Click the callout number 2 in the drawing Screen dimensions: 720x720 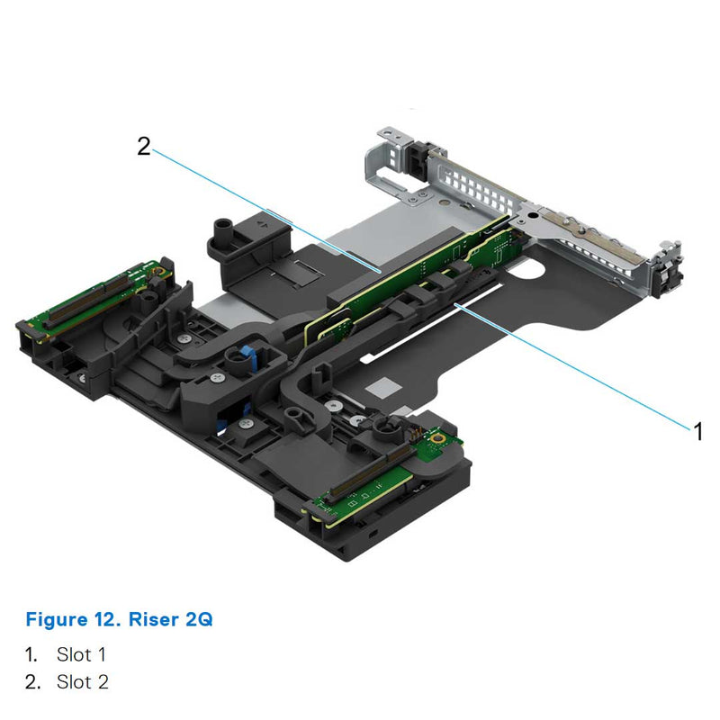coord(144,146)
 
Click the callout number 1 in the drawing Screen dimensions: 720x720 coord(697,430)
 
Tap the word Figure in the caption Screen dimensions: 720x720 coord(57,619)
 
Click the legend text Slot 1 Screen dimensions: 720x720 coord(82,654)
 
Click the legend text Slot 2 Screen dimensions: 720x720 coord(82,682)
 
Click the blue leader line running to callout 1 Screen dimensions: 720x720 coord(576,364)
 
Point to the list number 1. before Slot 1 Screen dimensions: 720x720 coord(31,654)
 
